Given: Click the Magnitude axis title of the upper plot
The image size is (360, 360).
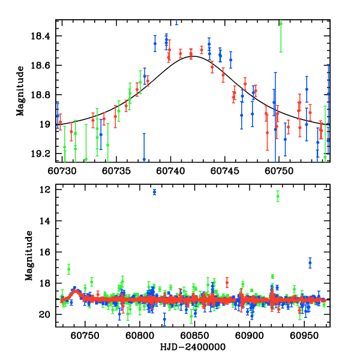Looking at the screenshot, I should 20,91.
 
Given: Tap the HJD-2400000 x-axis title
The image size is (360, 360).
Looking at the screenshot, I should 193,347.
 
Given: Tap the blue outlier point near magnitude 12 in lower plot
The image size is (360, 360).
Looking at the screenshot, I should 154,192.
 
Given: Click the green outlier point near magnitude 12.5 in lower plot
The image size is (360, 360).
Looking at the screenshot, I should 278,196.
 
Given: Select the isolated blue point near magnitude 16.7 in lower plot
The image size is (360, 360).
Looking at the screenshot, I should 310,263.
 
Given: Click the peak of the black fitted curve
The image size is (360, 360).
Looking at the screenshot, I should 193,56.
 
